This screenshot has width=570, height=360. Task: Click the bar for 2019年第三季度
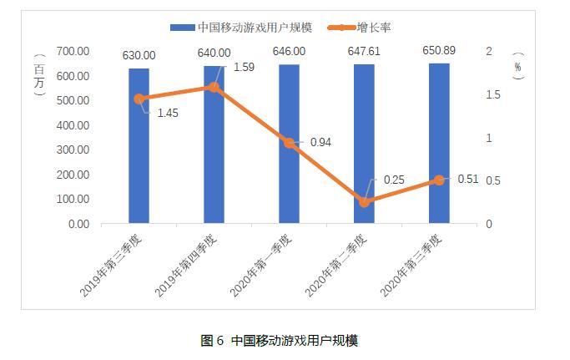[139, 146]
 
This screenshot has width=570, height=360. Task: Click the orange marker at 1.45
[139, 99]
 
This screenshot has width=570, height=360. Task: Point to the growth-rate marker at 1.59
[214, 87]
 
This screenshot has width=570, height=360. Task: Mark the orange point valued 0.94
[289, 143]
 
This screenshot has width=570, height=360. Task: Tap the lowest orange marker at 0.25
[364, 202]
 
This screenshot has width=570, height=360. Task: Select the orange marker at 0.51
[439, 180]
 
